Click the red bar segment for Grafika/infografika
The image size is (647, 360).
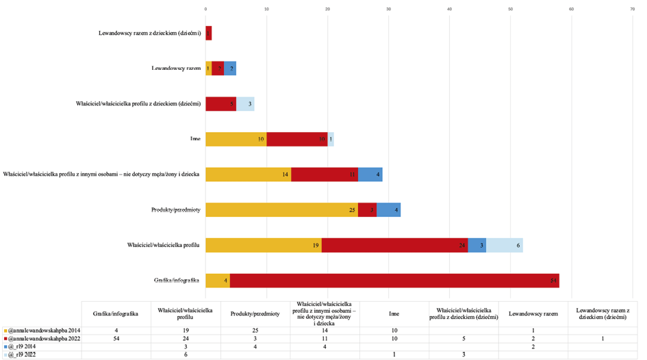click(394, 280)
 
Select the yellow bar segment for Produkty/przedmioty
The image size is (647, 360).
click(281, 209)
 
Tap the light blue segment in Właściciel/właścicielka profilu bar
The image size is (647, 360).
click(504, 245)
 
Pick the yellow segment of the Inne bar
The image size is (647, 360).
click(236, 139)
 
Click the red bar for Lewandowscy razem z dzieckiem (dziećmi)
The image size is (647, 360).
click(209, 33)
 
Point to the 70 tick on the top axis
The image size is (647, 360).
click(632, 9)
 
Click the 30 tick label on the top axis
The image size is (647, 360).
click(388, 9)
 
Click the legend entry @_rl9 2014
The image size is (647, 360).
click(24, 347)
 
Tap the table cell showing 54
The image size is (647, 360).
click(116, 339)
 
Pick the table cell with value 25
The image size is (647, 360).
click(255, 331)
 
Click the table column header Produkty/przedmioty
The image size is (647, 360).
click(255, 313)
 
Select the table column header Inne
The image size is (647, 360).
click(394, 313)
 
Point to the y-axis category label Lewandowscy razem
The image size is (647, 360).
click(175, 68)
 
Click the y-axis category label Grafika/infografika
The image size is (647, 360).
click(176, 280)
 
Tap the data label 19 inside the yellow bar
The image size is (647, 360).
click(316, 245)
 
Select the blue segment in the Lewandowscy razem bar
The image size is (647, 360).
click(230, 68)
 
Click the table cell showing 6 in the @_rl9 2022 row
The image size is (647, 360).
click(185, 355)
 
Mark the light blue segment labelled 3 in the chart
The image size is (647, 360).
click(245, 104)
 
